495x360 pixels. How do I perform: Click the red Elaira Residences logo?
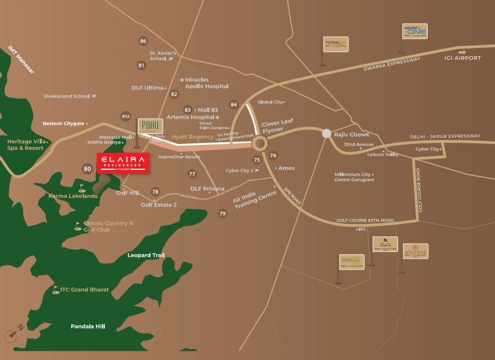point(122,163)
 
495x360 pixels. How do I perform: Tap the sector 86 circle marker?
point(143,41)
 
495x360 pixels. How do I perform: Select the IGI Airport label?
point(463,58)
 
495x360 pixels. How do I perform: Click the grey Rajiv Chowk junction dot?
point(326,133)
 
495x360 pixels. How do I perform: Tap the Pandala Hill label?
point(88,326)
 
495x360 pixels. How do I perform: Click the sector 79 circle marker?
point(223,213)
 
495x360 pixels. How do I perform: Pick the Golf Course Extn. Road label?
point(365,221)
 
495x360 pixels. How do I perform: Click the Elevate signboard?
point(416,251)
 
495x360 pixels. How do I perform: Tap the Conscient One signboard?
point(415,31)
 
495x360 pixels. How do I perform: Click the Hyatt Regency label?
point(192,136)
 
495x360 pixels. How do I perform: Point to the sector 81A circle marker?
point(126,116)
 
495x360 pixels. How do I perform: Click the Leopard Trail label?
point(146,255)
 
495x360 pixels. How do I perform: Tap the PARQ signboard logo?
point(150,126)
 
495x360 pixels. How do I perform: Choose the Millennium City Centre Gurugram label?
point(354,177)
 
